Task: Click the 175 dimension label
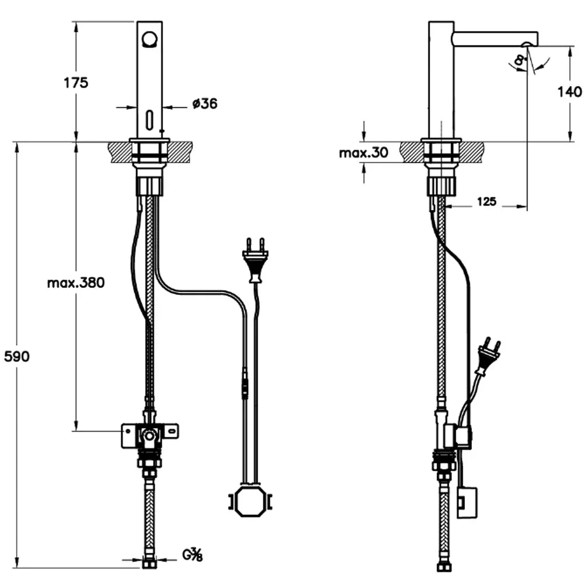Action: point(76,82)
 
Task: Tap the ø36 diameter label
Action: point(204,104)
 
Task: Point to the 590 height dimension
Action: point(16,356)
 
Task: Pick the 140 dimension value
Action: point(569,91)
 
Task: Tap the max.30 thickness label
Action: point(363,153)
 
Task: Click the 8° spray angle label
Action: point(519,59)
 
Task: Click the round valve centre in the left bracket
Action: point(150,435)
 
